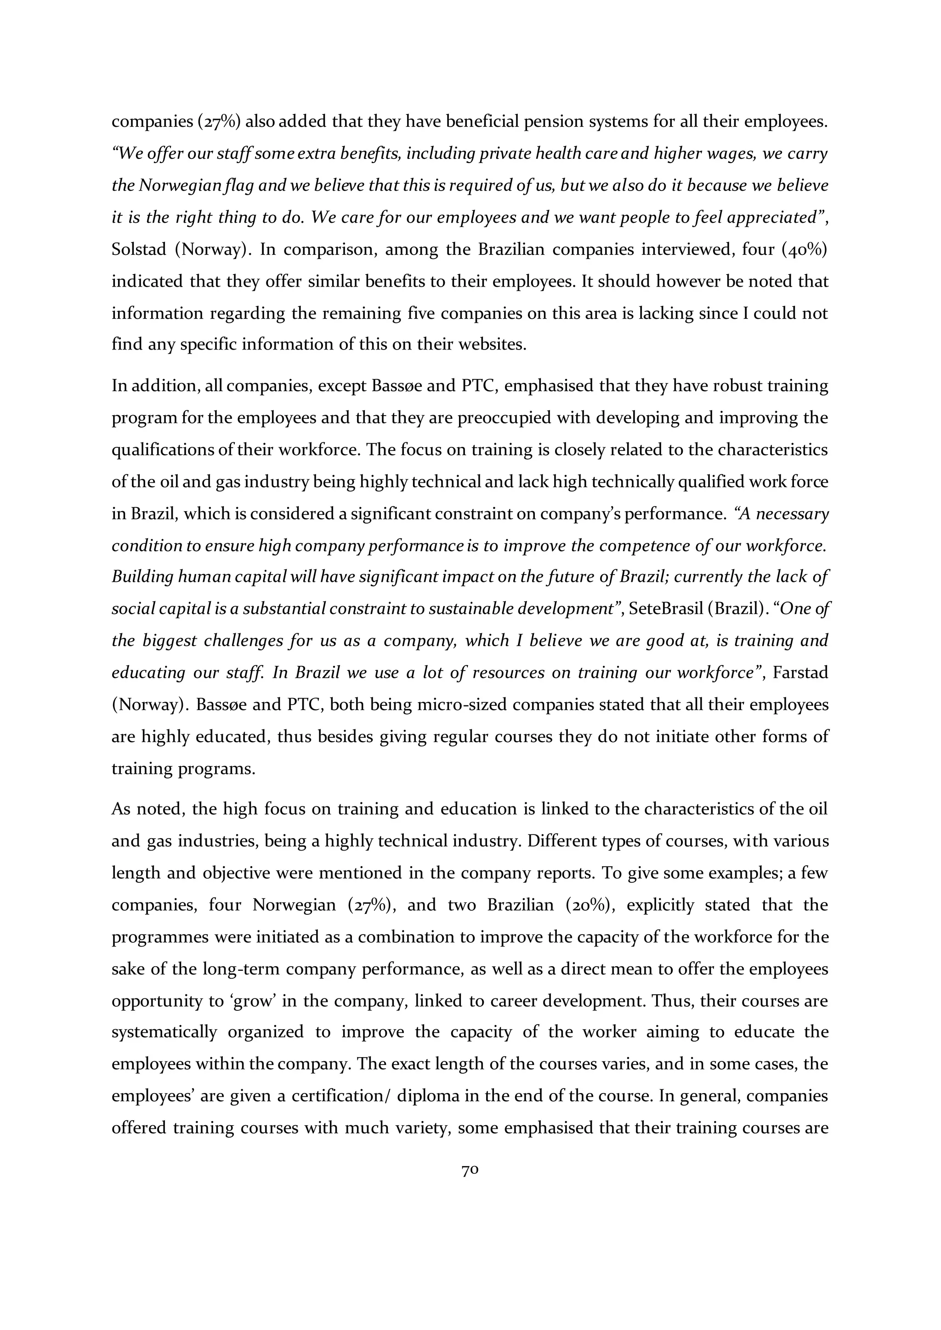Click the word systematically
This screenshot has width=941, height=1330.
click(x=164, y=1032)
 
